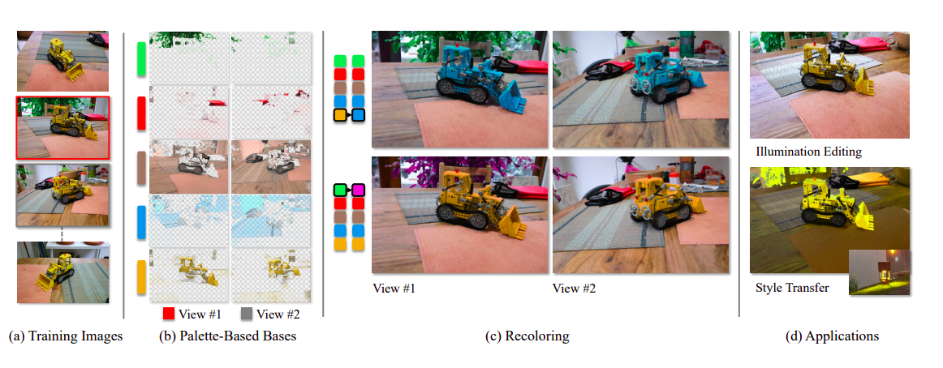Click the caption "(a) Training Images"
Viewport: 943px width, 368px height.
(x=66, y=336)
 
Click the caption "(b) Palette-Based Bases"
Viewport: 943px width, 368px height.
(x=227, y=336)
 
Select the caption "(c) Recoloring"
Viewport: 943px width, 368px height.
(x=527, y=336)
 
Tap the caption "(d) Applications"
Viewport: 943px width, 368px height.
(x=832, y=336)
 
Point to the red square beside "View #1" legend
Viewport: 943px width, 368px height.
(x=169, y=314)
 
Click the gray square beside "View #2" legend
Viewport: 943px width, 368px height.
(x=247, y=314)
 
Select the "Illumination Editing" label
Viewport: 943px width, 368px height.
(x=808, y=152)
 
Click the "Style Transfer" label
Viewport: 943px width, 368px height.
(x=792, y=288)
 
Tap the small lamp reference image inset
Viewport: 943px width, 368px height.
(x=879, y=273)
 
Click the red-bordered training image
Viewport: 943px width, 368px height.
(x=63, y=127)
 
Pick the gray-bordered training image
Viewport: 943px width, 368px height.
(x=63, y=195)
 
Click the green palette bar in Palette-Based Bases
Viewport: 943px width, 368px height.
(x=142, y=59)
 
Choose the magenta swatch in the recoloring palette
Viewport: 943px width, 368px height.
(x=359, y=191)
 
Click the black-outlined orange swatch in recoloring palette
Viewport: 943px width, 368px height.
(x=340, y=114)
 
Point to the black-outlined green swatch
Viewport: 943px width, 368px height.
(x=340, y=191)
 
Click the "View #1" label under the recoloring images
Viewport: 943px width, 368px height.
(x=394, y=288)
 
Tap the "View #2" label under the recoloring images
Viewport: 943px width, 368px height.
(x=575, y=288)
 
